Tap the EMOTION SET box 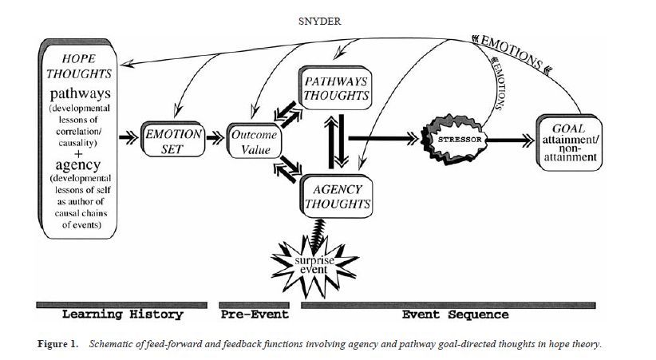(172, 137)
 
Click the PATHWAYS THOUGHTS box (336, 88)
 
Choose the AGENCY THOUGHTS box (336, 196)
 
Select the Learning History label (122, 315)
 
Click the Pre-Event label (253, 315)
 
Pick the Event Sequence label (455, 315)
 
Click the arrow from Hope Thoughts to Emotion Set (129, 137)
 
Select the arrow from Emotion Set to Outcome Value (215, 137)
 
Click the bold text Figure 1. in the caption (59, 344)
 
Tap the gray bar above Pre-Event (253, 304)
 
